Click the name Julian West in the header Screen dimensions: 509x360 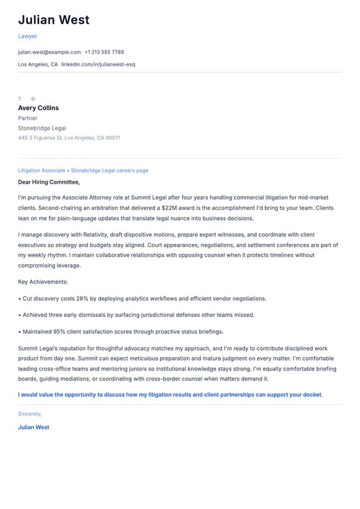pos(54,20)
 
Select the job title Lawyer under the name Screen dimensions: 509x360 pos(28,36)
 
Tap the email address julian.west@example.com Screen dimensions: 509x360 pos(49,52)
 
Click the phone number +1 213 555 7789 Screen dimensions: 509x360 pos(104,52)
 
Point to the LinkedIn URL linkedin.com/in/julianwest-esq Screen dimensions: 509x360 pos(98,64)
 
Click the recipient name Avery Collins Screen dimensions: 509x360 pos(38,108)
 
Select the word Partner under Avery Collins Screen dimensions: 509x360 pos(28,118)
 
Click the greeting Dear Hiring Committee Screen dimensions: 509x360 pos(49,182)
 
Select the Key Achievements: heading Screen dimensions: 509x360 pos(43,282)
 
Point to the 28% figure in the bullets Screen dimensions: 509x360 pos(86,298)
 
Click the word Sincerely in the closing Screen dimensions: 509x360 pos(30,414)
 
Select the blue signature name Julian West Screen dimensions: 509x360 pos(34,427)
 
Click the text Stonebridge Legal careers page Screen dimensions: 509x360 pos(109,170)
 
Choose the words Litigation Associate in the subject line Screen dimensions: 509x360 pos(42,170)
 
